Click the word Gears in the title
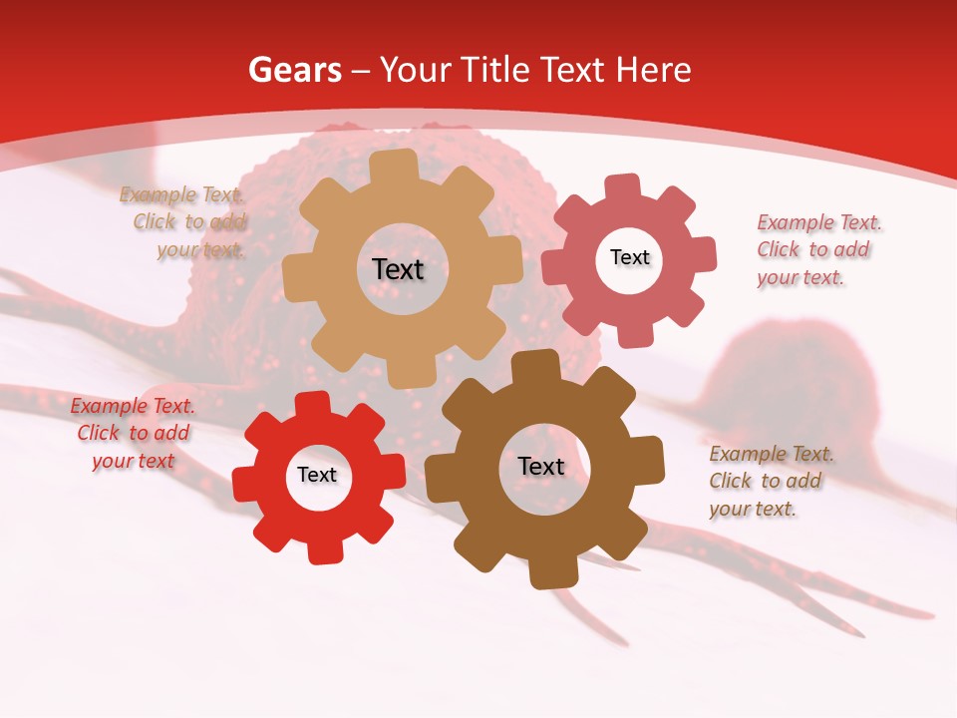click(x=294, y=70)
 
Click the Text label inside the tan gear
click(x=398, y=269)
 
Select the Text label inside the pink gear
click(x=629, y=257)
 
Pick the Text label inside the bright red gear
click(x=317, y=475)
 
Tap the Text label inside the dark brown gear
click(x=540, y=466)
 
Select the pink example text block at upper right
click(x=817, y=249)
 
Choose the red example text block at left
click(x=133, y=434)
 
